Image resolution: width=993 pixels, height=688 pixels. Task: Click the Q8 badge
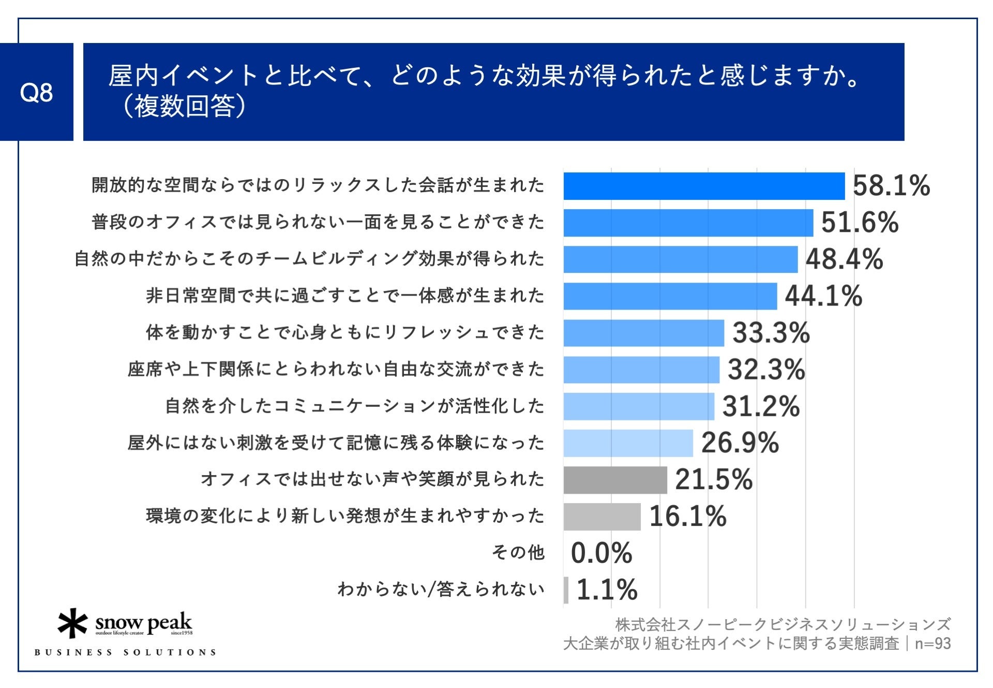coord(36,92)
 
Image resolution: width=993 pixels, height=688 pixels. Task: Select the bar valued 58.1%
coord(703,186)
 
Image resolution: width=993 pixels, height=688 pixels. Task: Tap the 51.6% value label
coord(860,223)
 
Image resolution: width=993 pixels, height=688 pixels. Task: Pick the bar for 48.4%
coord(680,259)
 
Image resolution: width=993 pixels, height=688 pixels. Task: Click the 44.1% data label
coord(823,296)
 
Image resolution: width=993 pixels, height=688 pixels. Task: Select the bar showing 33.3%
coord(643,333)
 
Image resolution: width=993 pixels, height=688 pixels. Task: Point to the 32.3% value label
coord(766,370)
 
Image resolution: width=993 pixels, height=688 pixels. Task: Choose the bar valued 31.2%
coord(639,406)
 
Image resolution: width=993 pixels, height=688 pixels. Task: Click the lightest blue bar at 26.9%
coord(628,443)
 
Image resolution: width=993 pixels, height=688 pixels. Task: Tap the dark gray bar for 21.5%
coord(615,480)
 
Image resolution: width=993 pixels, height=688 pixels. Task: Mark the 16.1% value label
coord(688,517)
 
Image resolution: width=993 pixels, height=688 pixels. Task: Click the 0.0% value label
coord(601,553)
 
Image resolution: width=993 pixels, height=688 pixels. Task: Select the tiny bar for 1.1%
coord(566,590)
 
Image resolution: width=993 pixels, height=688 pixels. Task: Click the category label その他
coord(518,553)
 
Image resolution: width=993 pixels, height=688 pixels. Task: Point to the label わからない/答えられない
coord(441,590)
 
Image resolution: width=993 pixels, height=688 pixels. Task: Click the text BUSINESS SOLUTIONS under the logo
coord(125,652)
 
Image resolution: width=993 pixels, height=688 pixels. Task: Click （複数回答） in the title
coord(184,107)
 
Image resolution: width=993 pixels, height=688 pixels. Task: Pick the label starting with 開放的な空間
coord(318,185)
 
